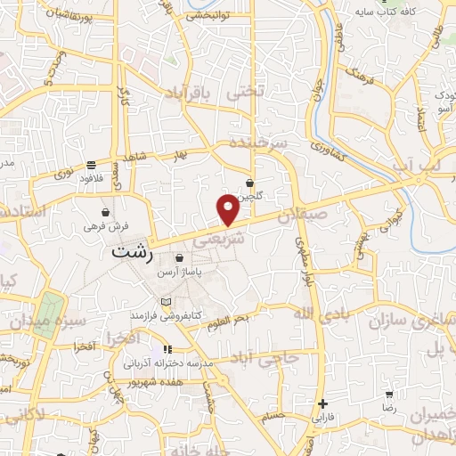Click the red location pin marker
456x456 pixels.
228,209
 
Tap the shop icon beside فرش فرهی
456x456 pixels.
108,212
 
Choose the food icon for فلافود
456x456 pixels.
92,165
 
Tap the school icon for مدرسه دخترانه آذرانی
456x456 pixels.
167,350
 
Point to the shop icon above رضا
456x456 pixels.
389,393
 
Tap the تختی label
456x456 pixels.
247,91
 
